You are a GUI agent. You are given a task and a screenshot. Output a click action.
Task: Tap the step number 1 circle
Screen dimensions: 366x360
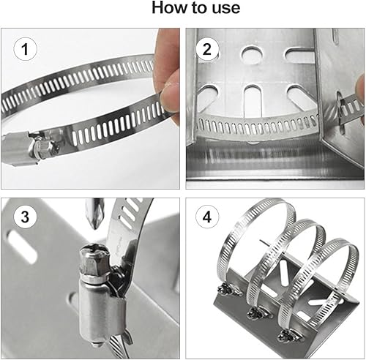click(x=25, y=49)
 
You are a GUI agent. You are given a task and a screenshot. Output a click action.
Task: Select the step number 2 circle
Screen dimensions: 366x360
click(x=207, y=49)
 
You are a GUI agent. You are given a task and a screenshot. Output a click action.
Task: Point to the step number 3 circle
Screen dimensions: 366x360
click(x=25, y=217)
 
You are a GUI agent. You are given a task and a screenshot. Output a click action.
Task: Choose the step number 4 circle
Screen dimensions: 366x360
click(x=207, y=217)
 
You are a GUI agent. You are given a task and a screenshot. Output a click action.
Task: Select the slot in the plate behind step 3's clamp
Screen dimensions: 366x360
click(x=21, y=247)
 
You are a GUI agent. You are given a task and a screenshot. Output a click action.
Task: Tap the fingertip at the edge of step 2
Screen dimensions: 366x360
click(x=360, y=88)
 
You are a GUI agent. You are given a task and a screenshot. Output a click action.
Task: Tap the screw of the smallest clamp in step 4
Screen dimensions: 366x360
click(x=288, y=334)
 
